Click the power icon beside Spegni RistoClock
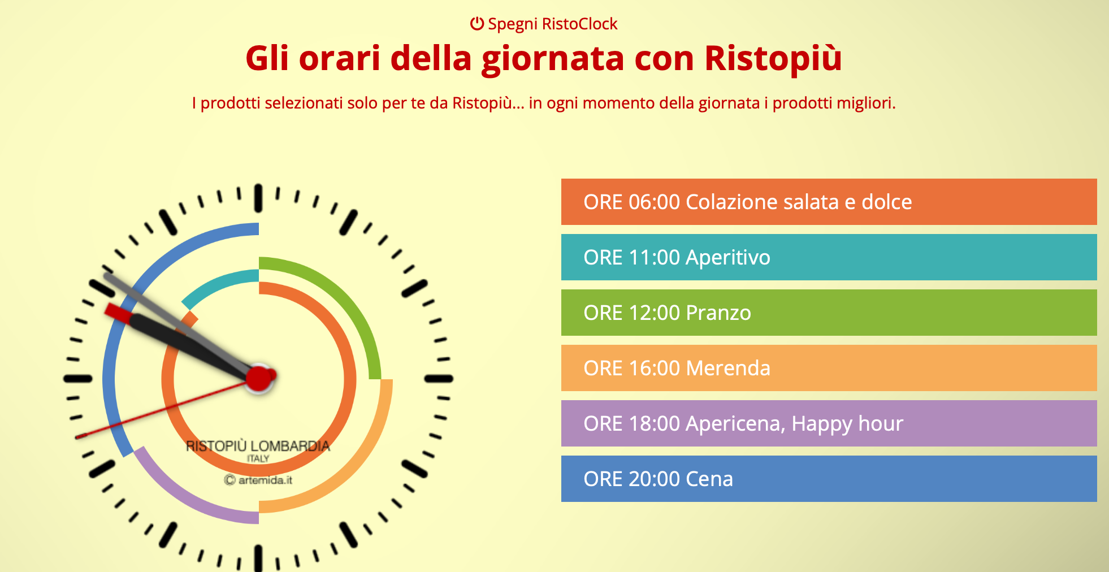(477, 24)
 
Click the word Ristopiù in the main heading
(773, 58)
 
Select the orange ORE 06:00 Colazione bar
(829, 202)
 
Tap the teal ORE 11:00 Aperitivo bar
(829, 257)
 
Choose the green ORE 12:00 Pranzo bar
(829, 313)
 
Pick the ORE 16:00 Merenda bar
(829, 368)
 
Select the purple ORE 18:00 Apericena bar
(829, 423)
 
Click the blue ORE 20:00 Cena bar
(829, 479)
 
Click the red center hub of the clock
(259, 378)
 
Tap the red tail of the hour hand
(118, 312)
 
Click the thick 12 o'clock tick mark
(258, 198)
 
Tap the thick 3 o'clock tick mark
(439, 379)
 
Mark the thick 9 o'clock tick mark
(78, 379)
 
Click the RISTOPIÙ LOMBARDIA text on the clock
(258, 446)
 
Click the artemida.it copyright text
(258, 480)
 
